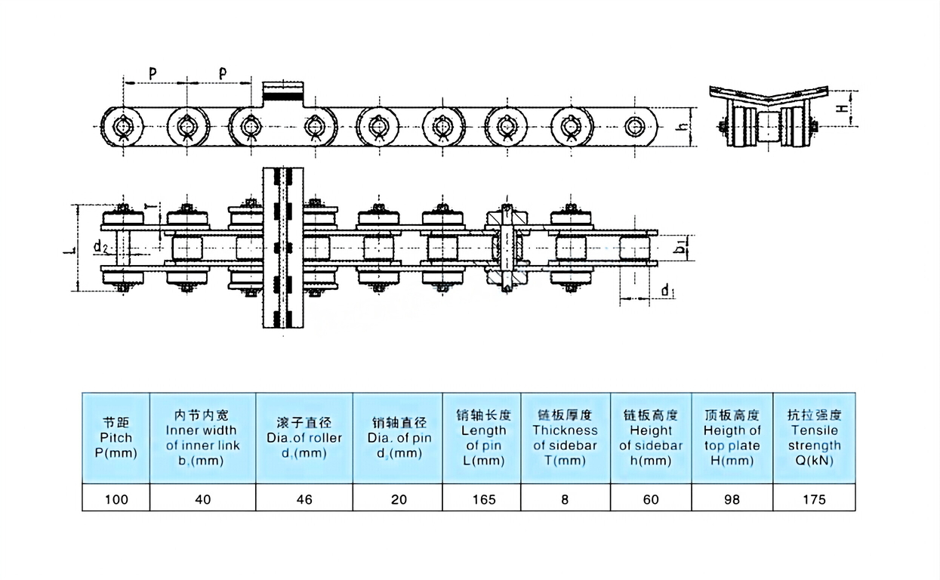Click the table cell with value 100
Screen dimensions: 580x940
116,499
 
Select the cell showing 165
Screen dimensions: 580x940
483,499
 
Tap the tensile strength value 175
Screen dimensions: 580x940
814,499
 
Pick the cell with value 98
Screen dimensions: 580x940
732,499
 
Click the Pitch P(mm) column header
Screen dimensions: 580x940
116,437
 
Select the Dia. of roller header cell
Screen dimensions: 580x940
304,437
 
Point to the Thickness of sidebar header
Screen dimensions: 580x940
565,437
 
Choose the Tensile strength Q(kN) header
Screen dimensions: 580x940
814,437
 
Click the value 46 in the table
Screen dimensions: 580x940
304,499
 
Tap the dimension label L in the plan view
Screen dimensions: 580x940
66,247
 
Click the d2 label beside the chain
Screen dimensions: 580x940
100,246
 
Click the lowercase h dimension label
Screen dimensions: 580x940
682,128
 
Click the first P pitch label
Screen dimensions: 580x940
153,73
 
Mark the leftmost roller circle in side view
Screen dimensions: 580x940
123,127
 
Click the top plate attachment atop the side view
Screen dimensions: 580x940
283,93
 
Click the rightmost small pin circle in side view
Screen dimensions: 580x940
636,127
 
